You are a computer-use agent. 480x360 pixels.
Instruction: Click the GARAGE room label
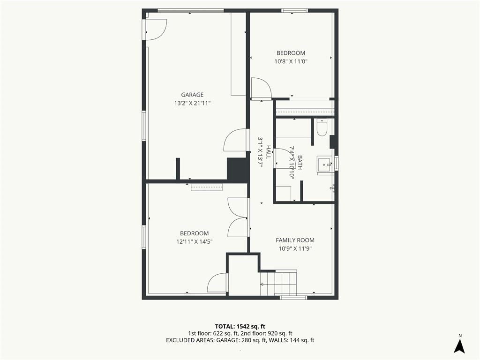[x=192, y=95]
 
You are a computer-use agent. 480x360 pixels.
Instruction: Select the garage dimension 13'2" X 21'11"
[x=193, y=104]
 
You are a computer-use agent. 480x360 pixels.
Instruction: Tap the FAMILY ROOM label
[x=295, y=240]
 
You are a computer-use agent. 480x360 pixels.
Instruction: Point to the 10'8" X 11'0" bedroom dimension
[x=291, y=61]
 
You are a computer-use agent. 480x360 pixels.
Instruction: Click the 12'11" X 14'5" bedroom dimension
[x=195, y=242]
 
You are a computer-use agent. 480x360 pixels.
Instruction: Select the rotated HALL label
[x=269, y=152]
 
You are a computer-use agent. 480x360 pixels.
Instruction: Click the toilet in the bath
[x=322, y=127]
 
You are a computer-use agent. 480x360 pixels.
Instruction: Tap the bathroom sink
[x=323, y=165]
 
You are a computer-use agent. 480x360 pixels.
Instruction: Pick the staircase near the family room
[x=278, y=283]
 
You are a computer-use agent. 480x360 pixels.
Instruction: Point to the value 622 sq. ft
[x=223, y=333]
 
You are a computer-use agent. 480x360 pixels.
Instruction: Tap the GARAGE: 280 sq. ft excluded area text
[x=239, y=340]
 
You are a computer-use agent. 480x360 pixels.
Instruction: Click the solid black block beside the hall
[x=238, y=170]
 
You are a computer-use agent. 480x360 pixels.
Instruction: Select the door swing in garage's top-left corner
[x=156, y=30]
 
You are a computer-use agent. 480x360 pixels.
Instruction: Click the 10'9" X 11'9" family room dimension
[x=295, y=249]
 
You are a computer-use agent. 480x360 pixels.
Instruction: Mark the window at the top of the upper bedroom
[x=294, y=11]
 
